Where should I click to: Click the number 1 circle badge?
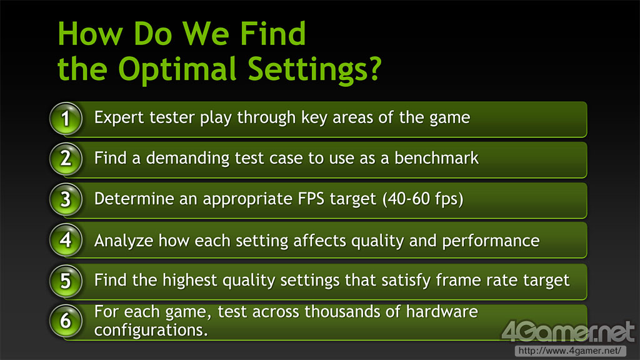click(x=66, y=119)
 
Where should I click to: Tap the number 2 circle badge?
click(x=66, y=159)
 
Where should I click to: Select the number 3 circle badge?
click(x=66, y=199)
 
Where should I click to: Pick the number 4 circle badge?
click(x=66, y=240)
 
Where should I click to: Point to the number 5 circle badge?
click(x=66, y=281)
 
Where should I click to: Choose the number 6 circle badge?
click(x=66, y=321)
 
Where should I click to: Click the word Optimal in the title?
click(x=177, y=70)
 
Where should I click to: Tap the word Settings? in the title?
click(x=315, y=70)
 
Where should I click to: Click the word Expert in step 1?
click(x=119, y=118)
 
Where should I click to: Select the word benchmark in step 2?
click(x=436, y=158)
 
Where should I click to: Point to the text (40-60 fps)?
click(x=423, y=199)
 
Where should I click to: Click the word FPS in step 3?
click(x=311, y=199)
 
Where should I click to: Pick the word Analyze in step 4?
click(x=124, y=241)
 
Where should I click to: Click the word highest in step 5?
click(x=190, y=281)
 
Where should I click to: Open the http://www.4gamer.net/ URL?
click(x=570, y=351)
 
